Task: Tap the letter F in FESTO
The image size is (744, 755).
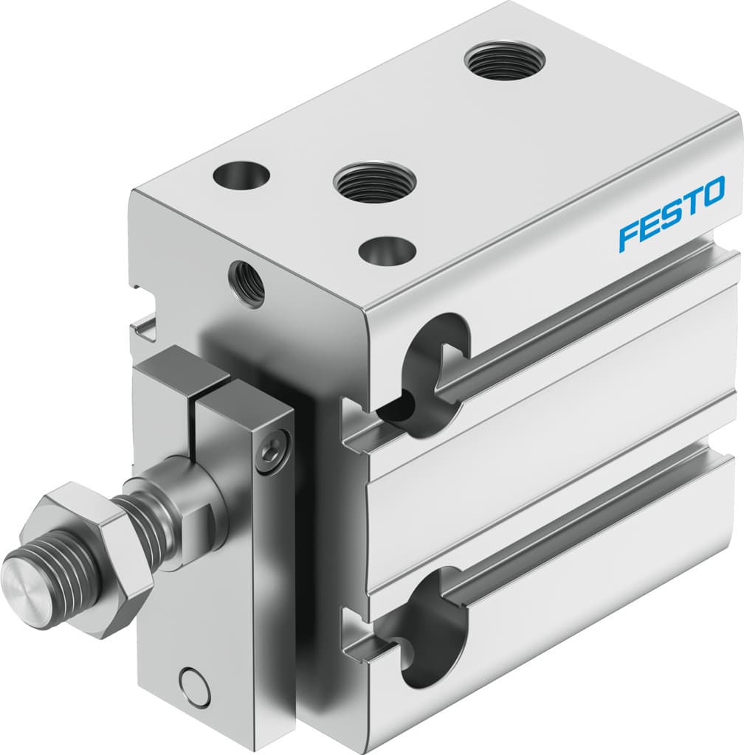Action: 627,236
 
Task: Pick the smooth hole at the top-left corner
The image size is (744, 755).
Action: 241,175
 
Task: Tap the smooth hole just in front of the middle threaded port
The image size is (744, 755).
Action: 386,250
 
